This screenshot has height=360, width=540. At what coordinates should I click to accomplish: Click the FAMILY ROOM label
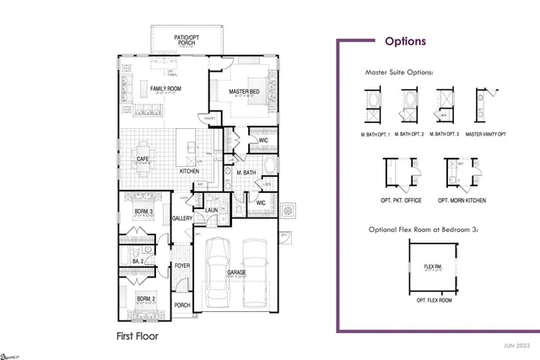(166, 89)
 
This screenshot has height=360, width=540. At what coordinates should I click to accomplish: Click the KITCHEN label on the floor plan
(189, 171)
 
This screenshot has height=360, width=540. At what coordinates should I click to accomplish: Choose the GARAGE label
(235, 272)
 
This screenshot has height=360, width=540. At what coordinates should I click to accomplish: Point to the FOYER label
(182, 266)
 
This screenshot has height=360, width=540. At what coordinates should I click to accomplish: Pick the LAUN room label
(212, 211)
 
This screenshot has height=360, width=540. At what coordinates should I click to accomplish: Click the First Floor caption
(137, 336)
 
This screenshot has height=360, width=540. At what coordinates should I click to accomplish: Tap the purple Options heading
(405, 40)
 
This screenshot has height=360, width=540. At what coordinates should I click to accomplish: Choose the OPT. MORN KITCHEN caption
(461, 201)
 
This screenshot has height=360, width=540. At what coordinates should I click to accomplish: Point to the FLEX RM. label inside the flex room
(431, 267)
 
